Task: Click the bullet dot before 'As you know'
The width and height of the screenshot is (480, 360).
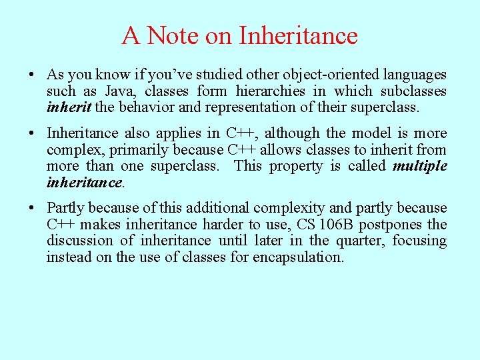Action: tap(32, 75)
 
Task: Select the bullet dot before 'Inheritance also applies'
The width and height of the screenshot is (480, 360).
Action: tap(32, 134)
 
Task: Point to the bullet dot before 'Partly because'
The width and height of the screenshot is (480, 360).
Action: tap(32, 209)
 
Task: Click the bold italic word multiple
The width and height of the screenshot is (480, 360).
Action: tap(420, 166)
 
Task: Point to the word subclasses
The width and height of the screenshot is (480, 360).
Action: tap(413, 91)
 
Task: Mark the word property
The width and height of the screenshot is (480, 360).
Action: tap(298, 166)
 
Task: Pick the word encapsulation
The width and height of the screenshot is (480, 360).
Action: tap(297, 257)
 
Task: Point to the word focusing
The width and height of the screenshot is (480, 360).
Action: tap(419, 241)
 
